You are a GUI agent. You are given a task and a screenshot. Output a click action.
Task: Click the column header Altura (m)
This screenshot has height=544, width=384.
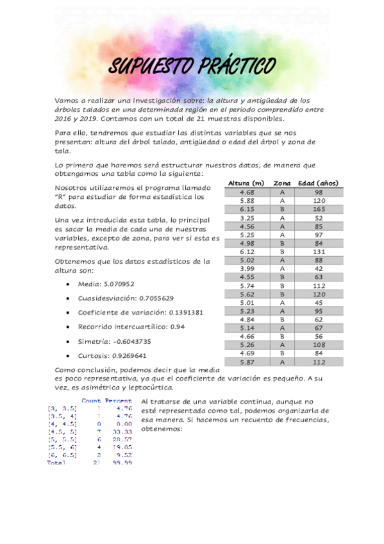coord(246,183)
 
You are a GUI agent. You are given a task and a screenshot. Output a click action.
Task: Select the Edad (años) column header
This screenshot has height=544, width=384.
coord(319,183)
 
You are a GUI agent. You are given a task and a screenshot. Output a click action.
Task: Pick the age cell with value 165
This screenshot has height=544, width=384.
coord(319,209)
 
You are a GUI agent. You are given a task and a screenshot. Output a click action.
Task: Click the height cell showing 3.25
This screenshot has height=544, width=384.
coord(247,218)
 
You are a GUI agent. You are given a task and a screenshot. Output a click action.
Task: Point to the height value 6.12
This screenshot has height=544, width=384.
coord(247,252)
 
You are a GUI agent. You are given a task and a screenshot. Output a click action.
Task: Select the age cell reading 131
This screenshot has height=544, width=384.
coord(319,252)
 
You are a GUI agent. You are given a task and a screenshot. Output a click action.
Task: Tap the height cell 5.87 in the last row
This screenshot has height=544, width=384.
coord(247,362)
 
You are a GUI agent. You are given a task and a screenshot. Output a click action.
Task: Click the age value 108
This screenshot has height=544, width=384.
coord(319,344)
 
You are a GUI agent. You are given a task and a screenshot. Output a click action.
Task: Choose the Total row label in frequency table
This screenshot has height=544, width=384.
coord(56,463)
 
